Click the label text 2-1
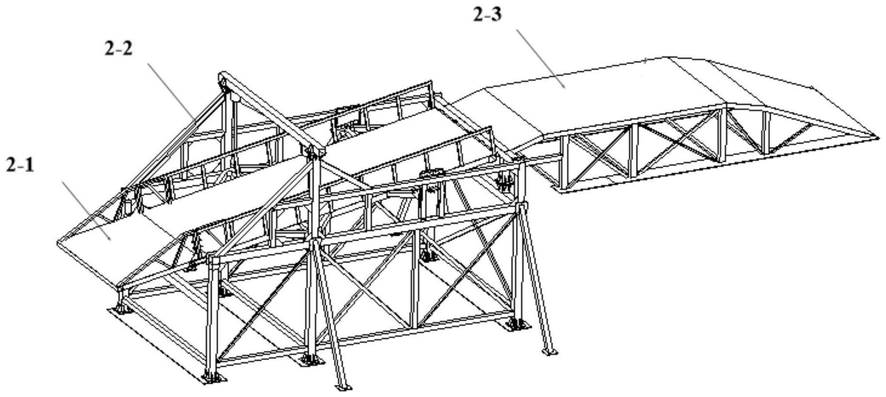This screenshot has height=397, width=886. tap(20, 166)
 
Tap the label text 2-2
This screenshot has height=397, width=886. tap(118, 48)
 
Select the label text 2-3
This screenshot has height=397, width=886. tap(487, 15)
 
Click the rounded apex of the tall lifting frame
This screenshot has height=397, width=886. tap(224, 78)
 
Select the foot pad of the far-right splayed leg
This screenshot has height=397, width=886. tap(548, 351)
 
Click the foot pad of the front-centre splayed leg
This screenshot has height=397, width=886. tap(344, 386)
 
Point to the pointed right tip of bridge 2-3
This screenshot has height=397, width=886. tap(877, 137)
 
